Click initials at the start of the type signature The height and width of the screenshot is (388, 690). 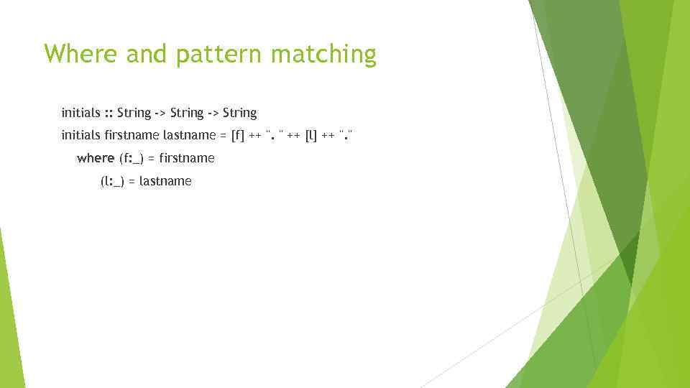point(80,113)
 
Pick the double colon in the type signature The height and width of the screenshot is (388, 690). point(109,113)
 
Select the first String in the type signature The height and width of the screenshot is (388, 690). point(134,113)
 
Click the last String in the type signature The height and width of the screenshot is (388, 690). point(239,113)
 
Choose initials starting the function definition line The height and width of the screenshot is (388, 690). point(80,135)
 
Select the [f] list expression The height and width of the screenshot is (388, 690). point(237,135)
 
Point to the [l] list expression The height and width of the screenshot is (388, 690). point(311,135)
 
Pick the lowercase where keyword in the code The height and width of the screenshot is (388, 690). point(96,158)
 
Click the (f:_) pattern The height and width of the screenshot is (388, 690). point(132,158)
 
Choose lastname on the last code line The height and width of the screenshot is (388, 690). point(165,181)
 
